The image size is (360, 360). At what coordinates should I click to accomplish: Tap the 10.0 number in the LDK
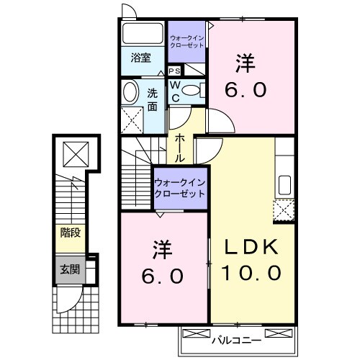250,274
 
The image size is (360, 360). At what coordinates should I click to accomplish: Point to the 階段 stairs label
70,233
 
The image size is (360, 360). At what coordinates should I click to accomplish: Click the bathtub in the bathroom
142,34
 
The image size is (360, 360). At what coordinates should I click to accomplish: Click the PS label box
174,71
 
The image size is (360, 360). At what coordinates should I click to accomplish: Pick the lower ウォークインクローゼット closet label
179,188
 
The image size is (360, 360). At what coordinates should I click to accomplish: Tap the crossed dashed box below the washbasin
132,118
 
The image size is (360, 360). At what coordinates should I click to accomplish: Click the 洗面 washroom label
153,99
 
